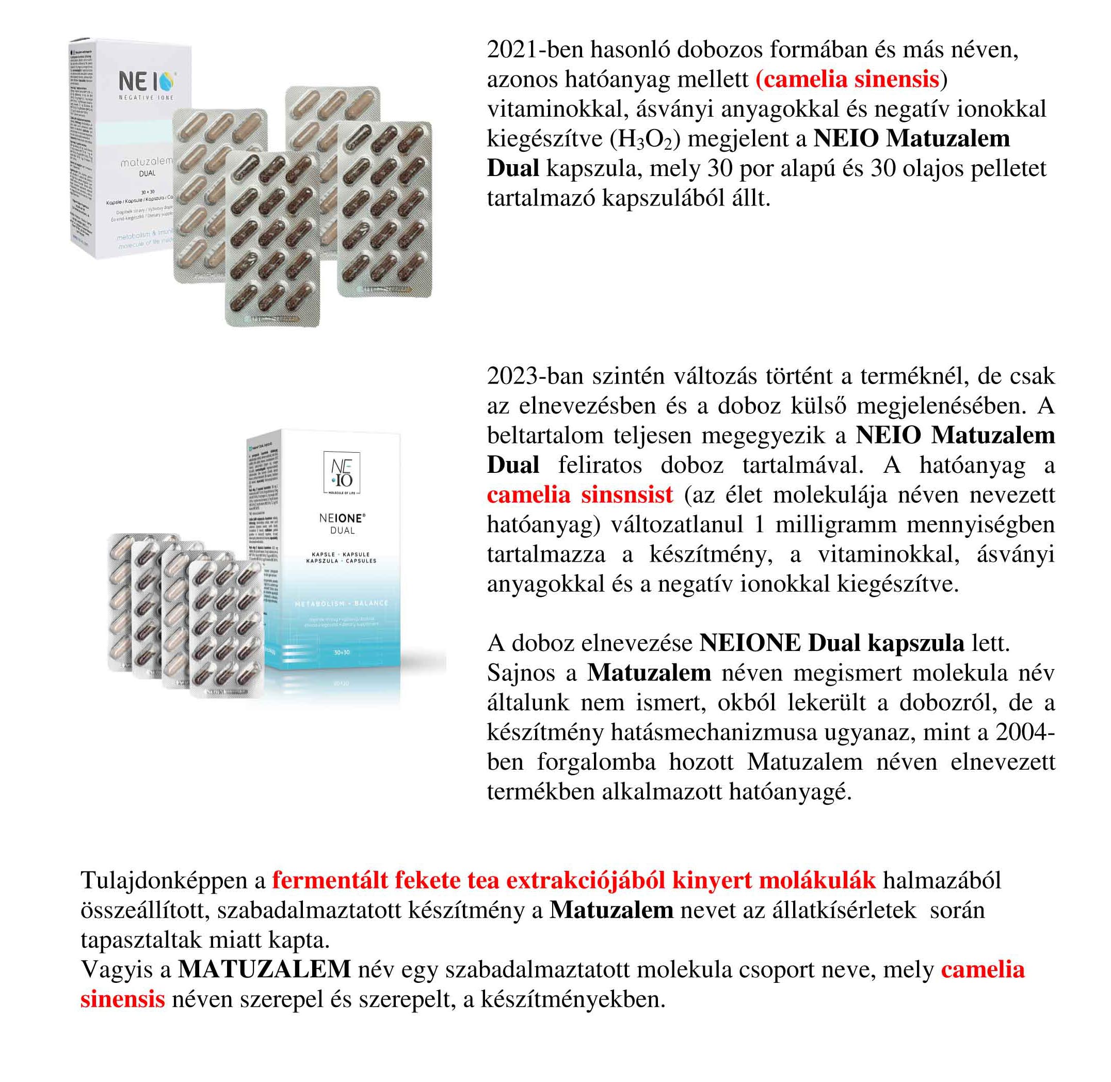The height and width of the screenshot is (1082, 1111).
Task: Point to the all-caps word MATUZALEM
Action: coord(264,969)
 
